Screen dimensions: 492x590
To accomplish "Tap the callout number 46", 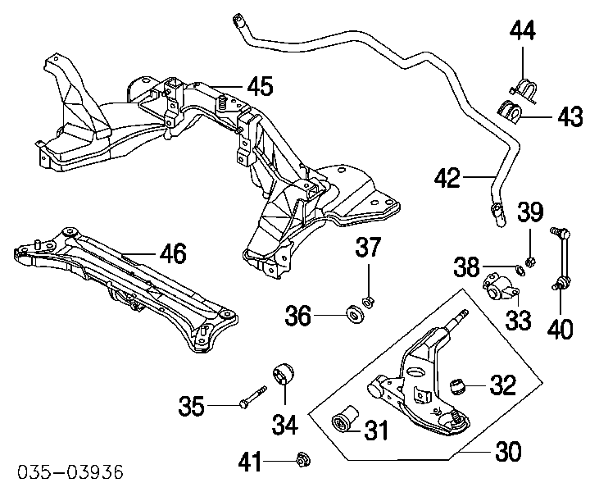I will click(x=173, y=254).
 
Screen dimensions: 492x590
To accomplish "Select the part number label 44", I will click(x=522, y=32).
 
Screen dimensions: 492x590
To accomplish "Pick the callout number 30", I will click(x=507, y=450).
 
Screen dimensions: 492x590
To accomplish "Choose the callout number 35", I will click(x=193, y=405).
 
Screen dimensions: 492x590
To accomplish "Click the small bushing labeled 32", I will click(x=461, y=383).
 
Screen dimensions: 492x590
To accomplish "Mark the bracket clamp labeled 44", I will click(x=522, y=85).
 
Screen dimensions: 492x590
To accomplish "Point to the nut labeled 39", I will click(x=529, y=262).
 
